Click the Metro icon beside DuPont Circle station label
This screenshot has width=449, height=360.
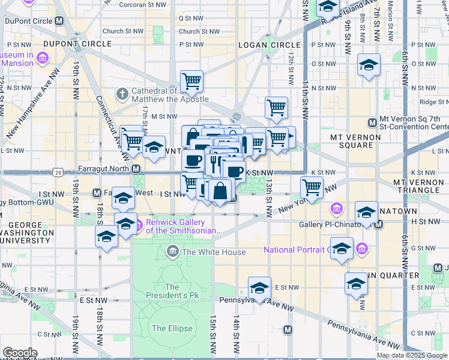point(59,20)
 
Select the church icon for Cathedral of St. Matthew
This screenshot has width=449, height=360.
point(122,94)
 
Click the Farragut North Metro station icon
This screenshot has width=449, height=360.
point(136,169)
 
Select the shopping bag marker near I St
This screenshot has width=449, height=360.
point(220,190)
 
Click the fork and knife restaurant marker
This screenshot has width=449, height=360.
point(213,163)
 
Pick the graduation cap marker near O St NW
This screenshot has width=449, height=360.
point(369,65)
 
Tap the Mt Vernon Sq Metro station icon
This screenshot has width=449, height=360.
point(372,123)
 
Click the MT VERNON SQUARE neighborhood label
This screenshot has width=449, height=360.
point(355,137)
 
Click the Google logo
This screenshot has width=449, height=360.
point(20,352)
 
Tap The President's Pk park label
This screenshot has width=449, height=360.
point(172,291)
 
